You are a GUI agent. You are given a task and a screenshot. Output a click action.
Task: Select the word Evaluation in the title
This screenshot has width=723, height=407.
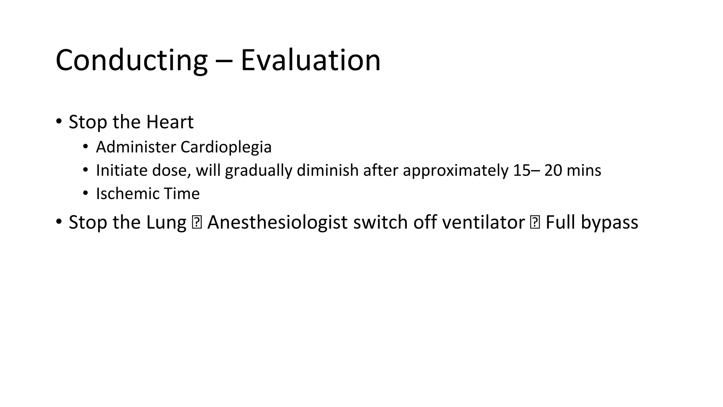point(310,60)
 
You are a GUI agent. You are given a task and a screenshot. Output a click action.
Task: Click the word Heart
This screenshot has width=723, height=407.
point(170,122)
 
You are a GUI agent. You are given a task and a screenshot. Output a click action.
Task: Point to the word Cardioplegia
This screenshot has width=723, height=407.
point(226,147)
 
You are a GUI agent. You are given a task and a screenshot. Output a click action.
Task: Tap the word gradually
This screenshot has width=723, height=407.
point(258,170)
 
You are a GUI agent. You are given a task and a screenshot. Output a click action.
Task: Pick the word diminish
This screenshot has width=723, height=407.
point(328,170)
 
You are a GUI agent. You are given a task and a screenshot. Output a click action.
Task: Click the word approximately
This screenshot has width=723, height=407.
point(456,170)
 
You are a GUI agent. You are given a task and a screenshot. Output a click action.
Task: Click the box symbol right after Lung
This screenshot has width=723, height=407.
point(196,223)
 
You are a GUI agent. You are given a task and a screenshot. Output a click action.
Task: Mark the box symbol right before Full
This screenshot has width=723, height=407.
point(535,223)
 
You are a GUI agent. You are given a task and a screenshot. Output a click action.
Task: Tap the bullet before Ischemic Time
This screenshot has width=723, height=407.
point(85,193)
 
